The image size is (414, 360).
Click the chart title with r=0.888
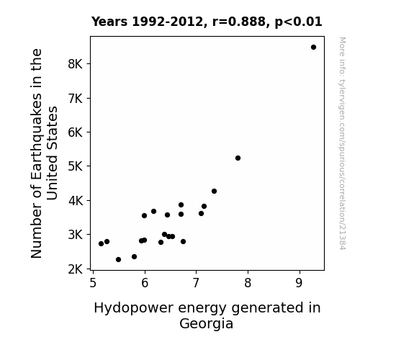207,22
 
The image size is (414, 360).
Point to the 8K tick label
76,64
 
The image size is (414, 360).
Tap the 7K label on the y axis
76,98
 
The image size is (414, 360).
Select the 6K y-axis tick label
76,132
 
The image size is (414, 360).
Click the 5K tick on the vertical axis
76,166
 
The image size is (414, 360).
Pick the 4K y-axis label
76,200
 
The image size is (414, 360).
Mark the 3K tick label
76,235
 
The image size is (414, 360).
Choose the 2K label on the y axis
76,269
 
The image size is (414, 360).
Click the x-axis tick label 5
93,283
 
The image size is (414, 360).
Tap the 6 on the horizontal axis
145,283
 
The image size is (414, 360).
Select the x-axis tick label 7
196,283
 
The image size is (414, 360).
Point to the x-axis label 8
248,283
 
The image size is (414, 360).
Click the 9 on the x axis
299,283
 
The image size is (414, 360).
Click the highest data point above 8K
313,48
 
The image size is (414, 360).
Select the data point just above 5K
238,158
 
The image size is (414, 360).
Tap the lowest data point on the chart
118,260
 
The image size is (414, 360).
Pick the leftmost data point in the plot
101,244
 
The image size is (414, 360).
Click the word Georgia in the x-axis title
206,324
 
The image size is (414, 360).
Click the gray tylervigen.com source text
342,143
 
